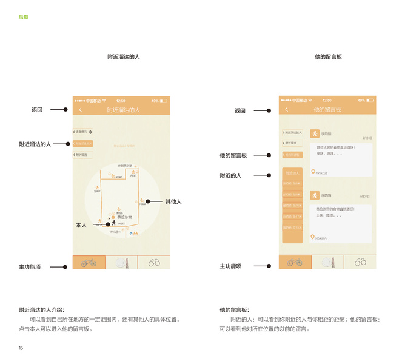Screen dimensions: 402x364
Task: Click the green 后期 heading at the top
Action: pos(23,17)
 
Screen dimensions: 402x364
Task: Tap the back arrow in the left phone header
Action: pos(81,110)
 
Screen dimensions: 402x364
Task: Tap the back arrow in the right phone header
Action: pos(287,110)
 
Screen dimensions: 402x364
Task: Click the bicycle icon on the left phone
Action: pos(89,262)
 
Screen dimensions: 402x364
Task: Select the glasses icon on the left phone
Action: pos(154,262)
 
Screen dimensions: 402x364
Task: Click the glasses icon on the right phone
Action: pos(360,262)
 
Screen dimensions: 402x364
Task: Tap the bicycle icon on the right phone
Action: pos(295,262)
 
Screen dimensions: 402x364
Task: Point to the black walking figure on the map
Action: pos(113,223)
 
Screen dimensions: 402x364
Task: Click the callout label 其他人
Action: pos(173,201)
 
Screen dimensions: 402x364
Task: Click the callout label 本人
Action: pos(81,225)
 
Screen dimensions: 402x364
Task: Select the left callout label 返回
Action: pos(37,110)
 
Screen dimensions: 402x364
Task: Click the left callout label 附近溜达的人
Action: pos(35,144)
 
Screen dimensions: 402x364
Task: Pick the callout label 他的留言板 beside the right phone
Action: pos(233,155)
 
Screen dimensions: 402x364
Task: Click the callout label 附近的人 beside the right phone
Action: pos(230,175)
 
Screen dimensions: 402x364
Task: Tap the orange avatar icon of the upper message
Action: pos(315,133)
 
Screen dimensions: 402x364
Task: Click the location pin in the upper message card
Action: pos(313,172)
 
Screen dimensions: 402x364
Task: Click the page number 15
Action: pos(21,348)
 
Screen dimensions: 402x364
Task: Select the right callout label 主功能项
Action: pos(230,266)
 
